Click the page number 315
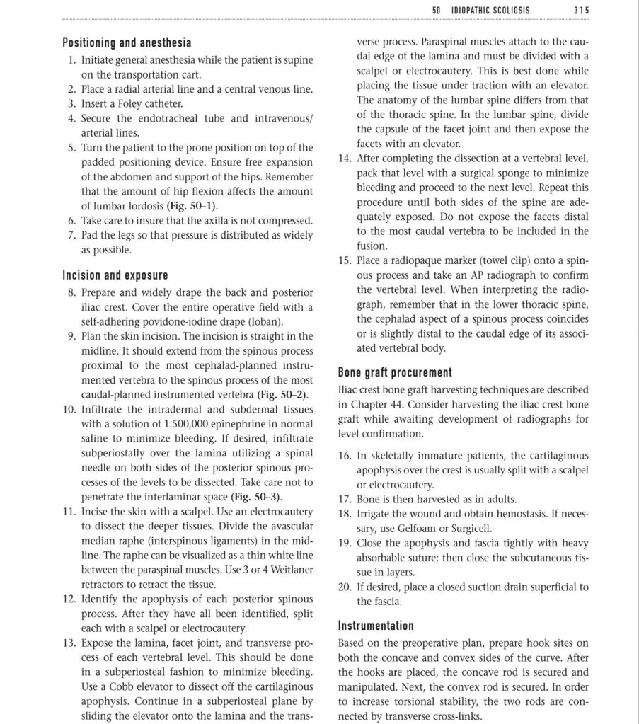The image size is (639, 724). click(x=582, y=11)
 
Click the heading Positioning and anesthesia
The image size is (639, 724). click(x=127, y=43)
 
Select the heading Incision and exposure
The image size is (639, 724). click(x=115, y=275)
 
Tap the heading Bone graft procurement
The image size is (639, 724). click(x=395, y=372)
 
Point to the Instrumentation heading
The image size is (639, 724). click(x=376, y=626)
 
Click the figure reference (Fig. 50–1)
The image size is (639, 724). click(x=191, y=206)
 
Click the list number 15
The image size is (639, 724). click(x=345, y=260)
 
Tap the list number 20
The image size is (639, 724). click(x=345, y=587)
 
